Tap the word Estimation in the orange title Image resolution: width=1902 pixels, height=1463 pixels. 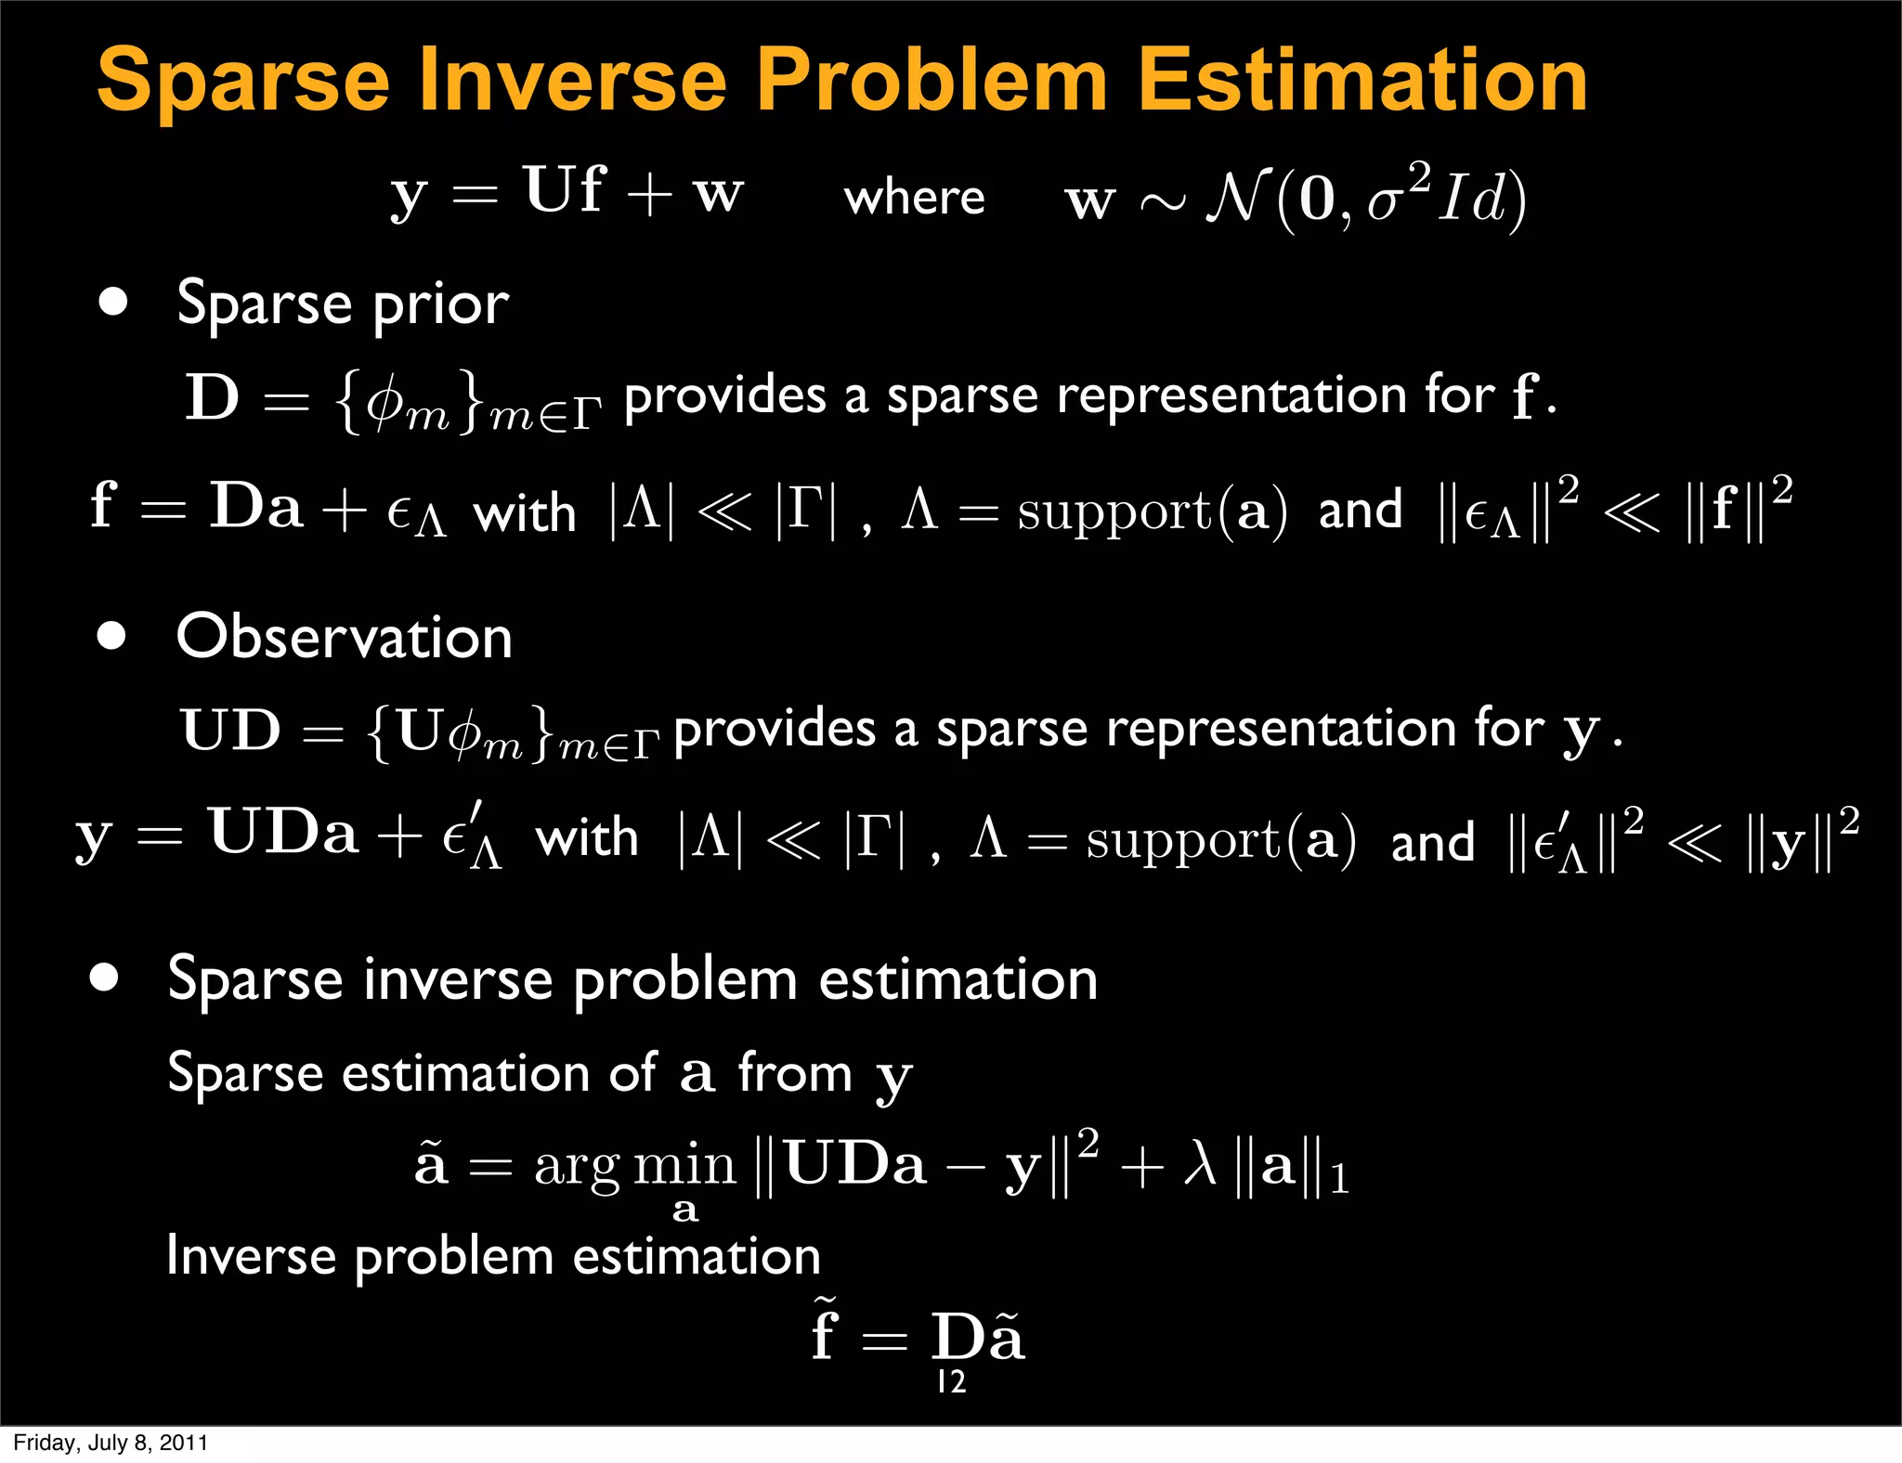[1362, 81]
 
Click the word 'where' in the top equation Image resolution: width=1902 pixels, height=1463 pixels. [914, 197]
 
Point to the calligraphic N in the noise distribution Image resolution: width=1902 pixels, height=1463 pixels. [1237, 198]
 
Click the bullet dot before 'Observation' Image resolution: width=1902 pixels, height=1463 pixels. [111, 636]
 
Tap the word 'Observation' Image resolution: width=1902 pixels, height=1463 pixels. [345, 638]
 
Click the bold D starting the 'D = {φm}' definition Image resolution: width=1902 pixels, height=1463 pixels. [213, 397]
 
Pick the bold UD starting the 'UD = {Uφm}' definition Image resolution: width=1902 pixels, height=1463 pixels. [231, 730]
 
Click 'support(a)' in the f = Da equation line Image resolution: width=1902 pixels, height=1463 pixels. [1152, 511]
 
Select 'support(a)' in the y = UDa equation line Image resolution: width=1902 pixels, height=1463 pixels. [1220, 840]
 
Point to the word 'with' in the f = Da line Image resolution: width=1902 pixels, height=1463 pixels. [525, 512]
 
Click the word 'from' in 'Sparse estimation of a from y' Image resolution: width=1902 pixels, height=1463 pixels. [795, 1073]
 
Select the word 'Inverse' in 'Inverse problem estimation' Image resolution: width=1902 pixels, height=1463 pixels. [251, 1256]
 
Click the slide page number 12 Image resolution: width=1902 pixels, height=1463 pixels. [951, 1382]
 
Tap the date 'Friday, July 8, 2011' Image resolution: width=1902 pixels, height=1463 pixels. [111, 1443]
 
